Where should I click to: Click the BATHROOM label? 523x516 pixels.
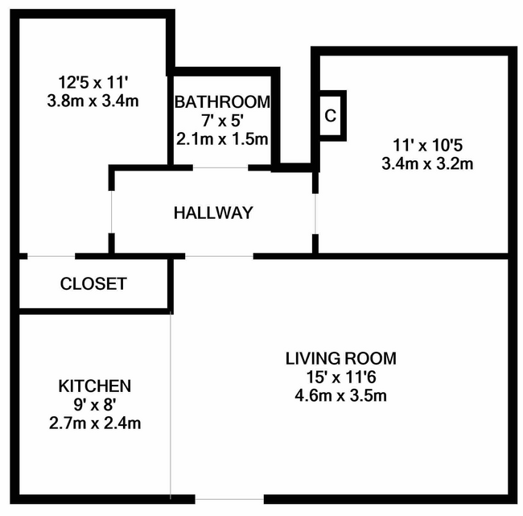click(222, 101)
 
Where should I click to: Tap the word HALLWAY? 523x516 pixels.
click(213, 213)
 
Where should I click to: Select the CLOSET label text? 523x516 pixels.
click(93, 283)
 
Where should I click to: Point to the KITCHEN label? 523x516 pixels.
click(95, 386)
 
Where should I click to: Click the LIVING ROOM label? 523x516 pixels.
click(341, 358)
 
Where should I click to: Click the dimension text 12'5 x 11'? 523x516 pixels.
click(93, 82)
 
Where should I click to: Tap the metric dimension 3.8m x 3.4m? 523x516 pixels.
click(93, 101)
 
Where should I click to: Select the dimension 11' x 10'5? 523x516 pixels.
click(427, 145)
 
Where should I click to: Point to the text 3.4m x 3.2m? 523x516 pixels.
click(427, 164)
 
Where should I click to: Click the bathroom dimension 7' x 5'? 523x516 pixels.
click(221, 121)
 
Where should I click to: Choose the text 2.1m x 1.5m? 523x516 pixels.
click(222, 139)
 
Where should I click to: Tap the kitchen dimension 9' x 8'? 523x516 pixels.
click(95, 405)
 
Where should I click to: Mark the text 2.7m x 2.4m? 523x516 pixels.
click(95, 423)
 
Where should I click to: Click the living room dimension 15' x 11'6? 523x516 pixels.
click(341, 378)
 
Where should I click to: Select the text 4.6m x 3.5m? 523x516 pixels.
click(341, 396)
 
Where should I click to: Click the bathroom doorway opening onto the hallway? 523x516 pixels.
click(220, 167)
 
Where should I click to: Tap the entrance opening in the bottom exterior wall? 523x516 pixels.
click(229, 499)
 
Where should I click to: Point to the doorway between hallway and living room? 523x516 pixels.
click(219, 256)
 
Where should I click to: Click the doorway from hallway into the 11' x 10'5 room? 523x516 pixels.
click(315, 214)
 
